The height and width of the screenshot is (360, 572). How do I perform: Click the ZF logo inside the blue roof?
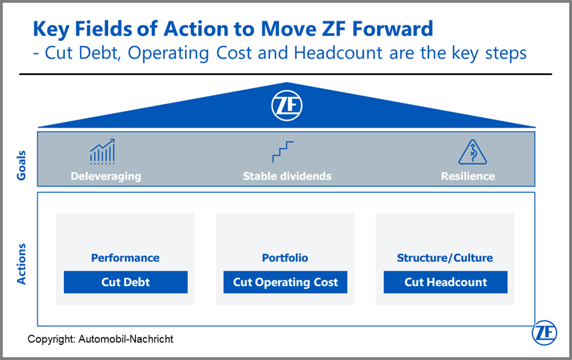point(287,106)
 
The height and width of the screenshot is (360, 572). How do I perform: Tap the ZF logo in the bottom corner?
point(544,333)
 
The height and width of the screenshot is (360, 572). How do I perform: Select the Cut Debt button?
point(125,282)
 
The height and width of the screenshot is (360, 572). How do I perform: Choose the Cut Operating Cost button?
point(285,282)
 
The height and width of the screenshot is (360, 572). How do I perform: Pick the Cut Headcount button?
point(446,282)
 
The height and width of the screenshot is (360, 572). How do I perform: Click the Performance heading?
point(125,258)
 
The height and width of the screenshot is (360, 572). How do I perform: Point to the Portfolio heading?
point(285,258)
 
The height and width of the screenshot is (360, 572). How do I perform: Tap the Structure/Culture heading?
point(445,258)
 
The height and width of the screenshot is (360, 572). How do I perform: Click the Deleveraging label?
point(106,177)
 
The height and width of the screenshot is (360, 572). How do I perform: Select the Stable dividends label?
point(287,177)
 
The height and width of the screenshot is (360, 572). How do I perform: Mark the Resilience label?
point(468,177)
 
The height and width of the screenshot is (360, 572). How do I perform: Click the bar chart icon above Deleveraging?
point(103,151)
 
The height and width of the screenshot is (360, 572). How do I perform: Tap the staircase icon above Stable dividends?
point(283,152)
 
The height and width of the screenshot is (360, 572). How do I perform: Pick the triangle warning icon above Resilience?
point(473,152)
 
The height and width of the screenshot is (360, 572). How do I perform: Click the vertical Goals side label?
point(21,165)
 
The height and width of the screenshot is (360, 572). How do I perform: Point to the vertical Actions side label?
point(21,264)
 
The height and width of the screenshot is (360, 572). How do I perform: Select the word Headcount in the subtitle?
point(338,53)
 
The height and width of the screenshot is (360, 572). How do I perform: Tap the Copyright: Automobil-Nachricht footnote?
point(101,339)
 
